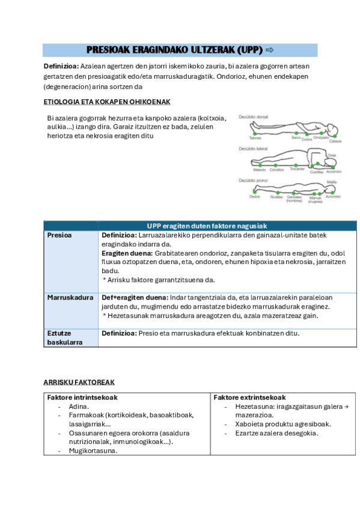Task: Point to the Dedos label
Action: click(255, 196)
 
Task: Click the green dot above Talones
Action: click(255, 132)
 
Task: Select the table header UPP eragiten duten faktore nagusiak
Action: click(207, 225)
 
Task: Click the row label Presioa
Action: click(59, 235)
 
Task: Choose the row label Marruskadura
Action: click(70, 297)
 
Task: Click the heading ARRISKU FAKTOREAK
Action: click(79, 382)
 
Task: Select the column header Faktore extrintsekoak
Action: click(249, 398)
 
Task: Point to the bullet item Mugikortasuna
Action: click(93, 450)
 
